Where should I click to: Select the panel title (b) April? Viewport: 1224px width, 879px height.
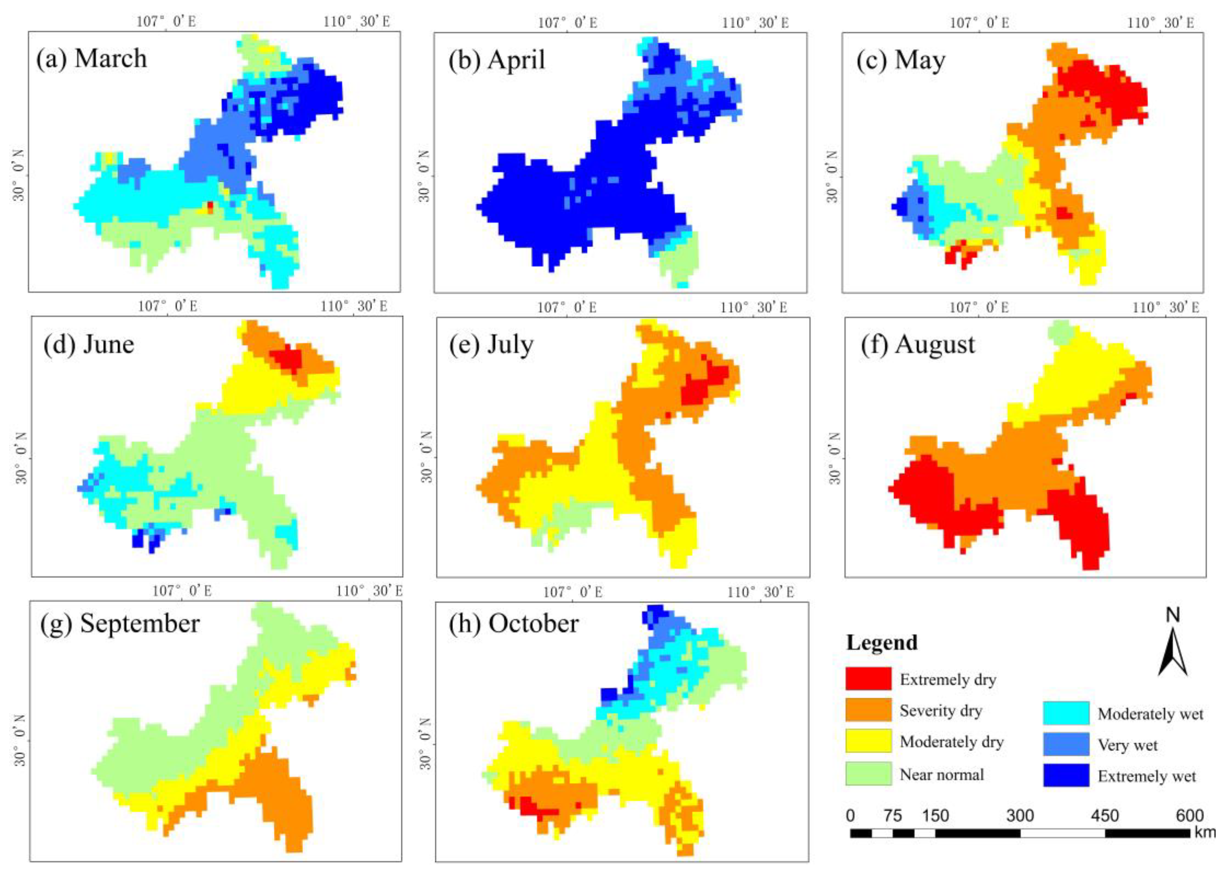point(496,59)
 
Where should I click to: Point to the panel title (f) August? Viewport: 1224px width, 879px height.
point(918,344)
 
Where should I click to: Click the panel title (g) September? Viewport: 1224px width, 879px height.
point(120,624)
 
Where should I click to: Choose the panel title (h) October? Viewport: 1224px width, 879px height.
point(514,624)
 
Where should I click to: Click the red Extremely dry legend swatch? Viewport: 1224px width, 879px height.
point(868,679)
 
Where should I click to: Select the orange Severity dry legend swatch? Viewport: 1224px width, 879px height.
point(868,710)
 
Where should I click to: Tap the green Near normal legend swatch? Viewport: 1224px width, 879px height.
point(868,774)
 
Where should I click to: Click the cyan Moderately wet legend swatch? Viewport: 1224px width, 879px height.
point(1066,713)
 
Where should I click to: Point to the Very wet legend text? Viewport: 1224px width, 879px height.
point(1127,745)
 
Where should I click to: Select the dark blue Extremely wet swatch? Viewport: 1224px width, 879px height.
point(1066,775)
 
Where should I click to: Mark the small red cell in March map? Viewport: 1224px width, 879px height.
point(210,207)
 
